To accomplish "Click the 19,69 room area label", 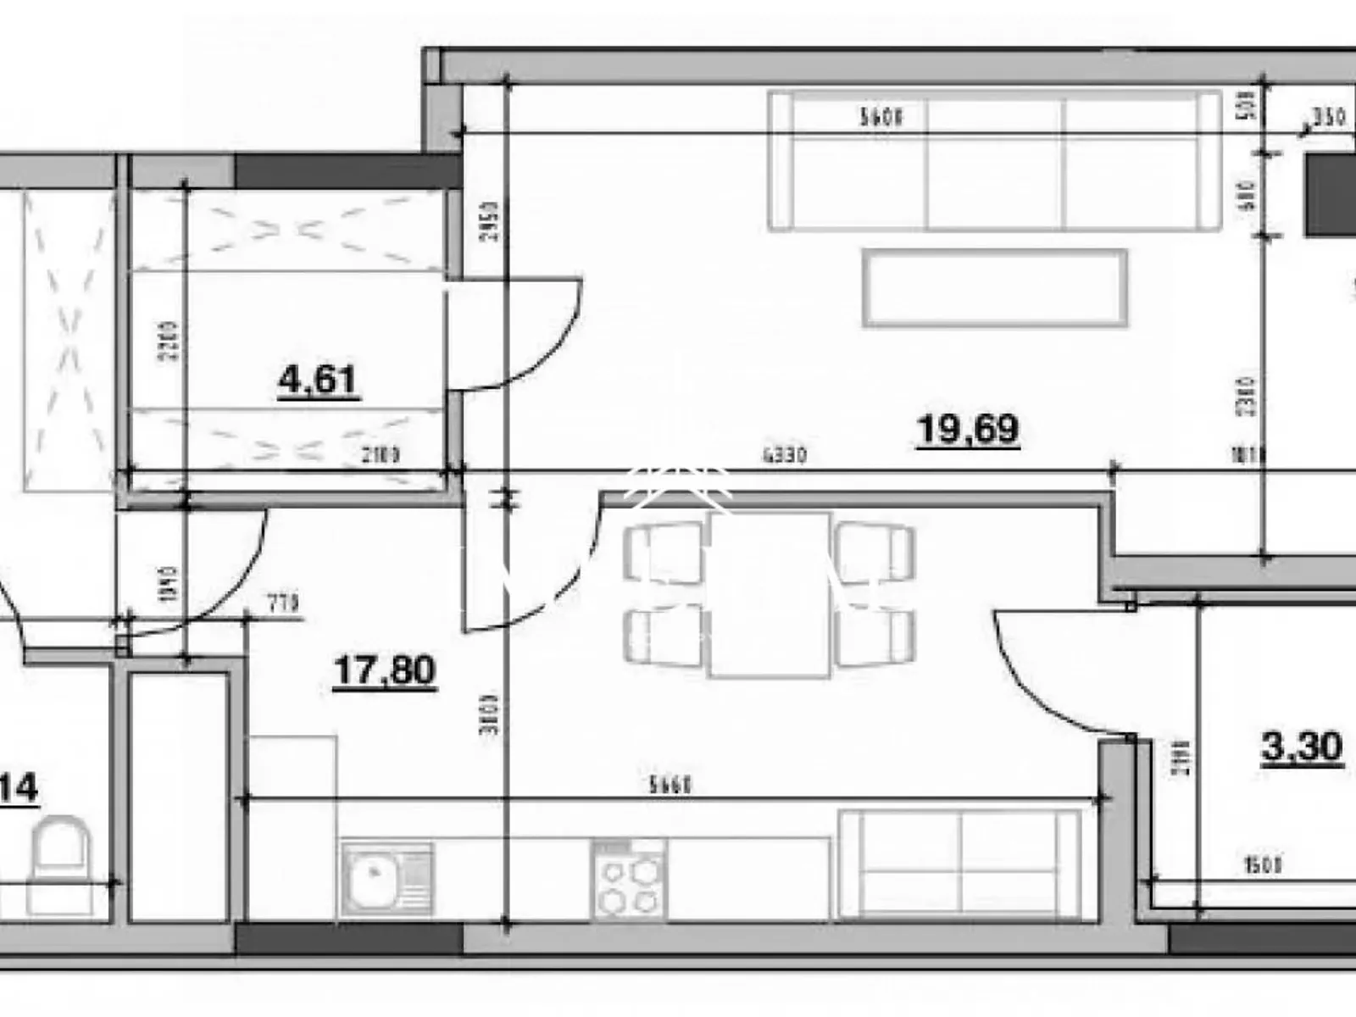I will pyautogui.click(x=968, y=429).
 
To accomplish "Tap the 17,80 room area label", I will pyautogui.click(x=385, y=670).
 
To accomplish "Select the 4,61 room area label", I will pyautogui.click(x=318, y=380).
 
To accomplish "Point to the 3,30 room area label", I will pyautogui.click(x=1302, y=747).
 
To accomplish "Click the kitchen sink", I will pyautogui.click(x=386, y=879).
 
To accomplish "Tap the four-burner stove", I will pyautogui.click(x=629, y=879).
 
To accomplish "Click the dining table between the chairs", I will pyautogui.click(x=769, y=594).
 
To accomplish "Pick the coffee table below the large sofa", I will pyautogui.click(x=995, y=288).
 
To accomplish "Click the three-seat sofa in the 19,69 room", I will pyautogui.click(x=995, y=161).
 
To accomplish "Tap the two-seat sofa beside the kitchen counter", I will pyautogui.click(x=960, y=864).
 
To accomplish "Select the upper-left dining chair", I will pyautogui.click(x=663, y=552).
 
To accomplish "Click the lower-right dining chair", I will pyautogui.click(x=875, y=637).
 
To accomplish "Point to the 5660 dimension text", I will pyautogui.click(x=670, y=786).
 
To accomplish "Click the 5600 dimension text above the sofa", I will pyautogui.click(x=881, y=117).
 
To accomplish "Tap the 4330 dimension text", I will pyautogui.click(x=785, y=456).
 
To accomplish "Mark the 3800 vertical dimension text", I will pyautogui.click(x=490, y=714).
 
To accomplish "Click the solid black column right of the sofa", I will pyautogui.click(x=1329, y=195).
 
